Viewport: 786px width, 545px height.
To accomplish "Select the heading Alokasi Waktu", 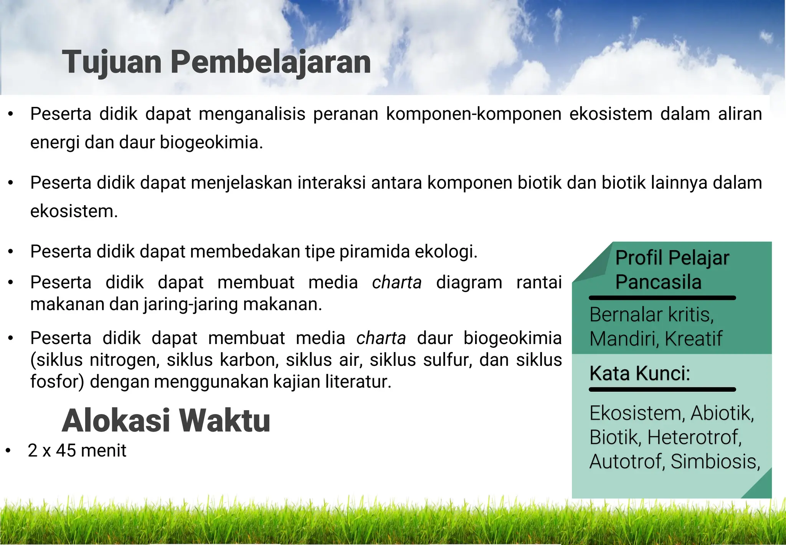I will (166, 420).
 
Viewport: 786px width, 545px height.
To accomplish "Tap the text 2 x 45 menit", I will (77, 450).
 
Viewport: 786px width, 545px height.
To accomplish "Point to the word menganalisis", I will (252, 114).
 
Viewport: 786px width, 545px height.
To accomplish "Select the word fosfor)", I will (57, 382).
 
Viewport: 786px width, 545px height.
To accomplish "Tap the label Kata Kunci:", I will (639, 373).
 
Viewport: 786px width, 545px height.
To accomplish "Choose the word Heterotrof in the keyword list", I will (694, 437).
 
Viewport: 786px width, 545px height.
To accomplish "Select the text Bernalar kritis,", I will (651, 315).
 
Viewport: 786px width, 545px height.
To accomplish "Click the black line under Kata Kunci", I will (662, 390).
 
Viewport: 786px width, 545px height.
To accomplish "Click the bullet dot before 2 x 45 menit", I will (8, 451).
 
